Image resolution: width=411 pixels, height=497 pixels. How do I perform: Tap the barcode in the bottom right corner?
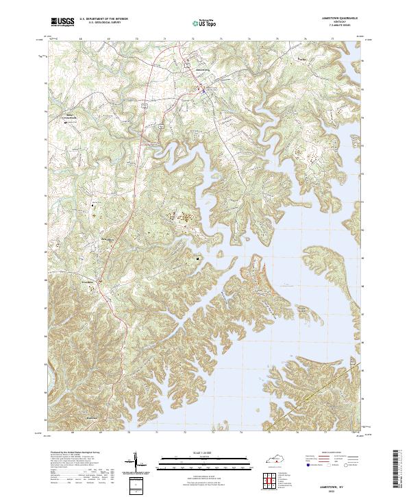[x=401, y=473]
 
